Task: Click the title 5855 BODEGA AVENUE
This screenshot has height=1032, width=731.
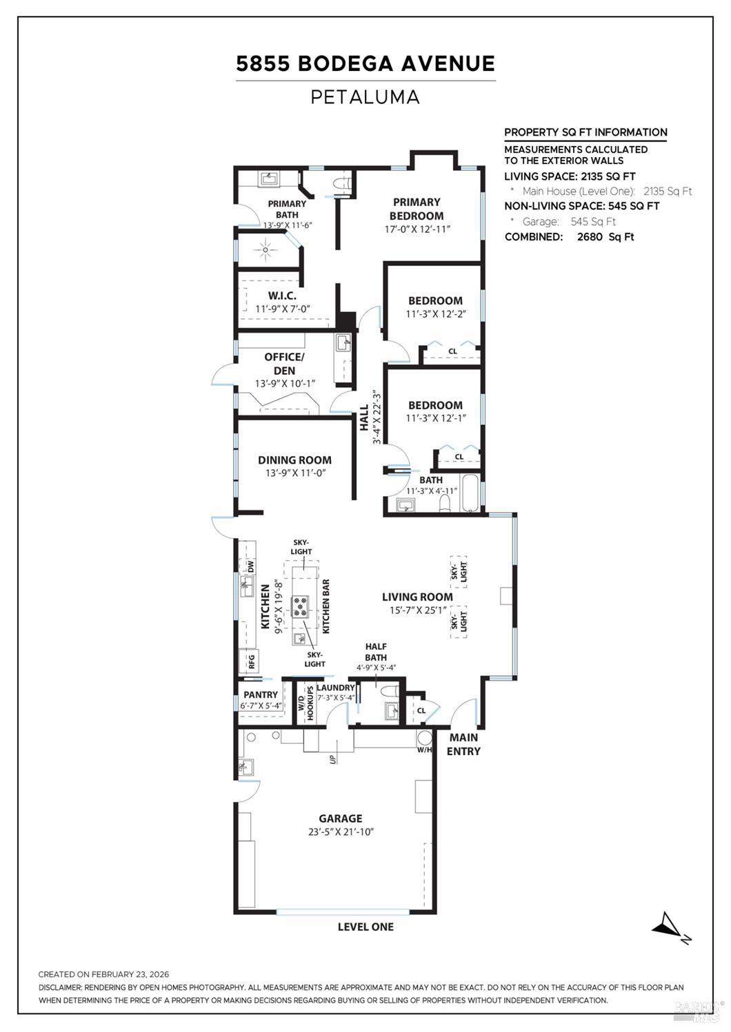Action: pos(365,64)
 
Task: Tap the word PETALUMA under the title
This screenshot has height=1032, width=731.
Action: pos(365,97)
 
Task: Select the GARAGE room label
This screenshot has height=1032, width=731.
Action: pos(340,818)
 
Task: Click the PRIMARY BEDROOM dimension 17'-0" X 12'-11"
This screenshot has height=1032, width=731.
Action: pos(417,229)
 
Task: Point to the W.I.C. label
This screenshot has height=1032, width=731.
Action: pos(282,296)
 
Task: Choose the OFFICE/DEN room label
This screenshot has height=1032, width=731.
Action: pos(283,364)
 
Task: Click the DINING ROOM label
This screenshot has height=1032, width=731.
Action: pos(294,460)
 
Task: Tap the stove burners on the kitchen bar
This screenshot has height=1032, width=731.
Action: pos(301,606)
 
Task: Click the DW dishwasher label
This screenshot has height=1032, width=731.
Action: pos(251,567)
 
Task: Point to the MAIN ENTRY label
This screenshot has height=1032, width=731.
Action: pos(463,744)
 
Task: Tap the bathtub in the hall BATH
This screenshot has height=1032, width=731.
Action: pos(470,494)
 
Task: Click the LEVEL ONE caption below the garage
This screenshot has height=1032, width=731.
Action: pos(365,927)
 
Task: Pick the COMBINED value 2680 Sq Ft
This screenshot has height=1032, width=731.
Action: pos(605,237)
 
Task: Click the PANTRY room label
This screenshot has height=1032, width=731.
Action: pos(261,695)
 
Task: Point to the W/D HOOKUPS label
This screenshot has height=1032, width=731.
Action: pos(306,703)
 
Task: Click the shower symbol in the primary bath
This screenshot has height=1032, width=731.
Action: pos(266,249)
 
